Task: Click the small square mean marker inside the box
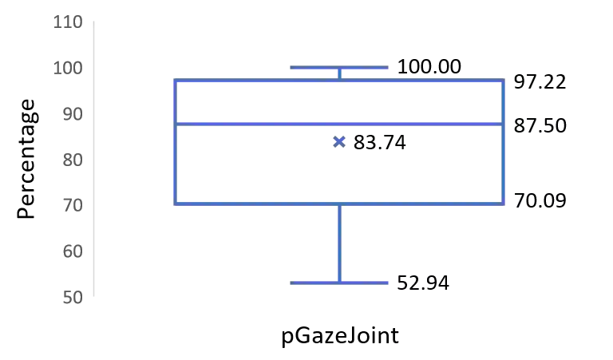(x=341, y=143)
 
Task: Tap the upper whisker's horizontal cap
(x=338, y=67)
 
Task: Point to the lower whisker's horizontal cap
(x=338, y=283)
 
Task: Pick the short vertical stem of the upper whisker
(x=338, y=73)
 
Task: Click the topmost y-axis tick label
(x=67, y=22)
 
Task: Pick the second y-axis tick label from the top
(x=67, y=67)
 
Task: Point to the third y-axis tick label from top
(x=72, y=113)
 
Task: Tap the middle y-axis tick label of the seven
(x=72, y=161)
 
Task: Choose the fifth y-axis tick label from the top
(x=72, y=208)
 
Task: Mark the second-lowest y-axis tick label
(x=72, y=253)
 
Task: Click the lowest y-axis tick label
(x=72, y=298)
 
